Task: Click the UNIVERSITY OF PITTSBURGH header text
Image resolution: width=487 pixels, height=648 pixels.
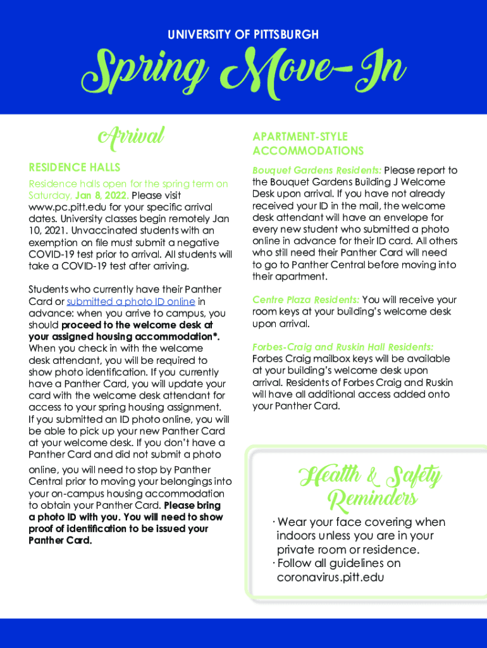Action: tap(243, 35)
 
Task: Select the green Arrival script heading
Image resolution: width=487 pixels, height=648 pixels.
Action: tap(130, 135)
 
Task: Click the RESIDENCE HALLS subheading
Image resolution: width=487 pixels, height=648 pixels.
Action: tap(74, 167)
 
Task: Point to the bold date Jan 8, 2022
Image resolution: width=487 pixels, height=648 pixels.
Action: tap(102, 196)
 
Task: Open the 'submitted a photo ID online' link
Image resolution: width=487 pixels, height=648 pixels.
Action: tap(131, 301)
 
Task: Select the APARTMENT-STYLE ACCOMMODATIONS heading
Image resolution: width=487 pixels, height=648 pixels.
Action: tap(308, 144)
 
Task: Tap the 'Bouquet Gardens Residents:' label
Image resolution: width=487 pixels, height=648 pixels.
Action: tap(316, 170)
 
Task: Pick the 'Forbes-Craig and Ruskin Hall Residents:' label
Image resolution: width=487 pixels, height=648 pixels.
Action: tap(342, 347)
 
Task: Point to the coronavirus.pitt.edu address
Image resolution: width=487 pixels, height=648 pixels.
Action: tap(330, 577)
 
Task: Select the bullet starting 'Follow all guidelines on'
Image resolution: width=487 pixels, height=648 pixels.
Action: tap(338, 563)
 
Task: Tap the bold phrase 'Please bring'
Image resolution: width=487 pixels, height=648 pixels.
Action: tap(192, 505)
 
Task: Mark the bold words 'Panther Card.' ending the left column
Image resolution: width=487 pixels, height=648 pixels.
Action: tap(60, 540)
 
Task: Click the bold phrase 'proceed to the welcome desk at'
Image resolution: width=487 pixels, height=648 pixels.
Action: tap(137, 325)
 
